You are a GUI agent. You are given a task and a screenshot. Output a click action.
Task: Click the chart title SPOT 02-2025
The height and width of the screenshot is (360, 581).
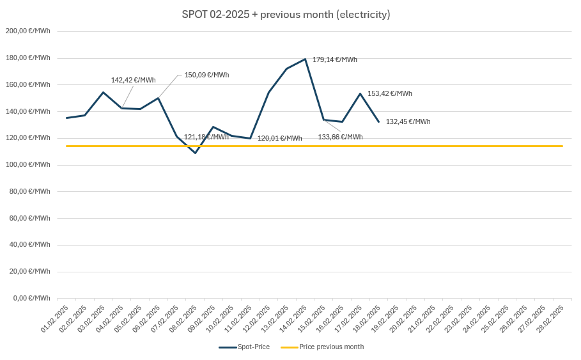(286, 15)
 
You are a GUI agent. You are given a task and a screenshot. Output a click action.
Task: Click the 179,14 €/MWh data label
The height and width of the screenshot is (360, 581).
(334, 59)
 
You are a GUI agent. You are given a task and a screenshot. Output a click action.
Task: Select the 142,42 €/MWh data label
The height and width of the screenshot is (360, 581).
(133, 80)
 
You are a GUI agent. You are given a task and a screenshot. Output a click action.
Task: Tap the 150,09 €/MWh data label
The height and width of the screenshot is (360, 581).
(206, 75)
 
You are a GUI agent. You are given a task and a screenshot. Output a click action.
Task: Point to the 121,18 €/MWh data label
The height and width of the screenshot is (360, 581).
(206, 137)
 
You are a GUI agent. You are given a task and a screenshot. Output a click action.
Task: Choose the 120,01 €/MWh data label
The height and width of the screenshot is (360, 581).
(279, 138)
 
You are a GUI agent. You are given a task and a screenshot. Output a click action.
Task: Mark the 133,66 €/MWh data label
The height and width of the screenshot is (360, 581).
(340, 137)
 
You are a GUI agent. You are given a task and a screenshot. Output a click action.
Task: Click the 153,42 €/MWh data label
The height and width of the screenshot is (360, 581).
(389, 93)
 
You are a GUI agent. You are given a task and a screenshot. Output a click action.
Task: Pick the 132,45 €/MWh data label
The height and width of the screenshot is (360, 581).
(408, 121)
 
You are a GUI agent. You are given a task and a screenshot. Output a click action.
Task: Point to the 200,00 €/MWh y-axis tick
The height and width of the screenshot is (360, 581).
(27, 31)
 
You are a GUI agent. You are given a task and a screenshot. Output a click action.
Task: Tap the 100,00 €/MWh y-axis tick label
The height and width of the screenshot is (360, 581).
(27, 164)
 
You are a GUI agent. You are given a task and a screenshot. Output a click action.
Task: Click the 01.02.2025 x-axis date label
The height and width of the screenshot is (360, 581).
(55, 318)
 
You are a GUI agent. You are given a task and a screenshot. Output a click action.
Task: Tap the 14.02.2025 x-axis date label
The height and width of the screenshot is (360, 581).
(293, 318)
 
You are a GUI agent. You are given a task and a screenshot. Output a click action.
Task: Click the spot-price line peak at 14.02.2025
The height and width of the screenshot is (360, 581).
(306, 59)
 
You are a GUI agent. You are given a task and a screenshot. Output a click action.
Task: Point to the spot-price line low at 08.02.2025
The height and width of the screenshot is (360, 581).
(196, 153)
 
